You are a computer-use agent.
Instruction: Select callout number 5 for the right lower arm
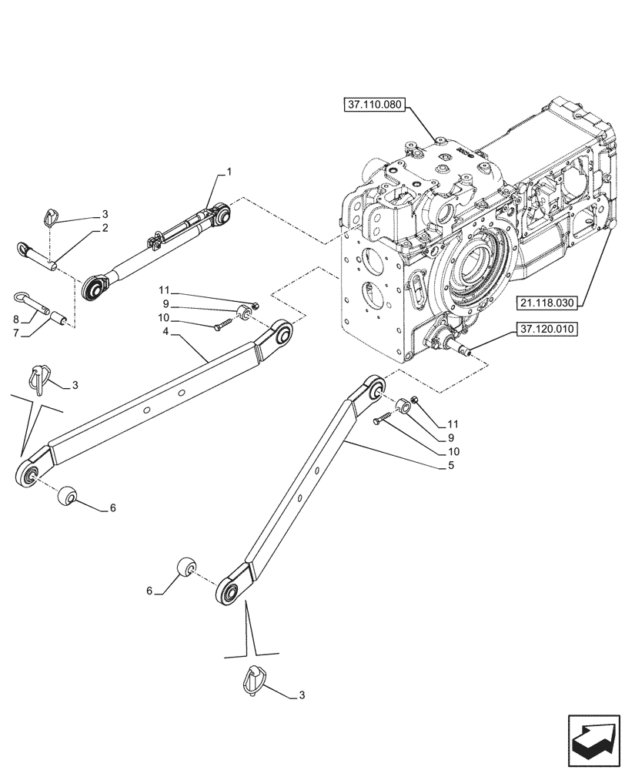click(451, 466)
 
